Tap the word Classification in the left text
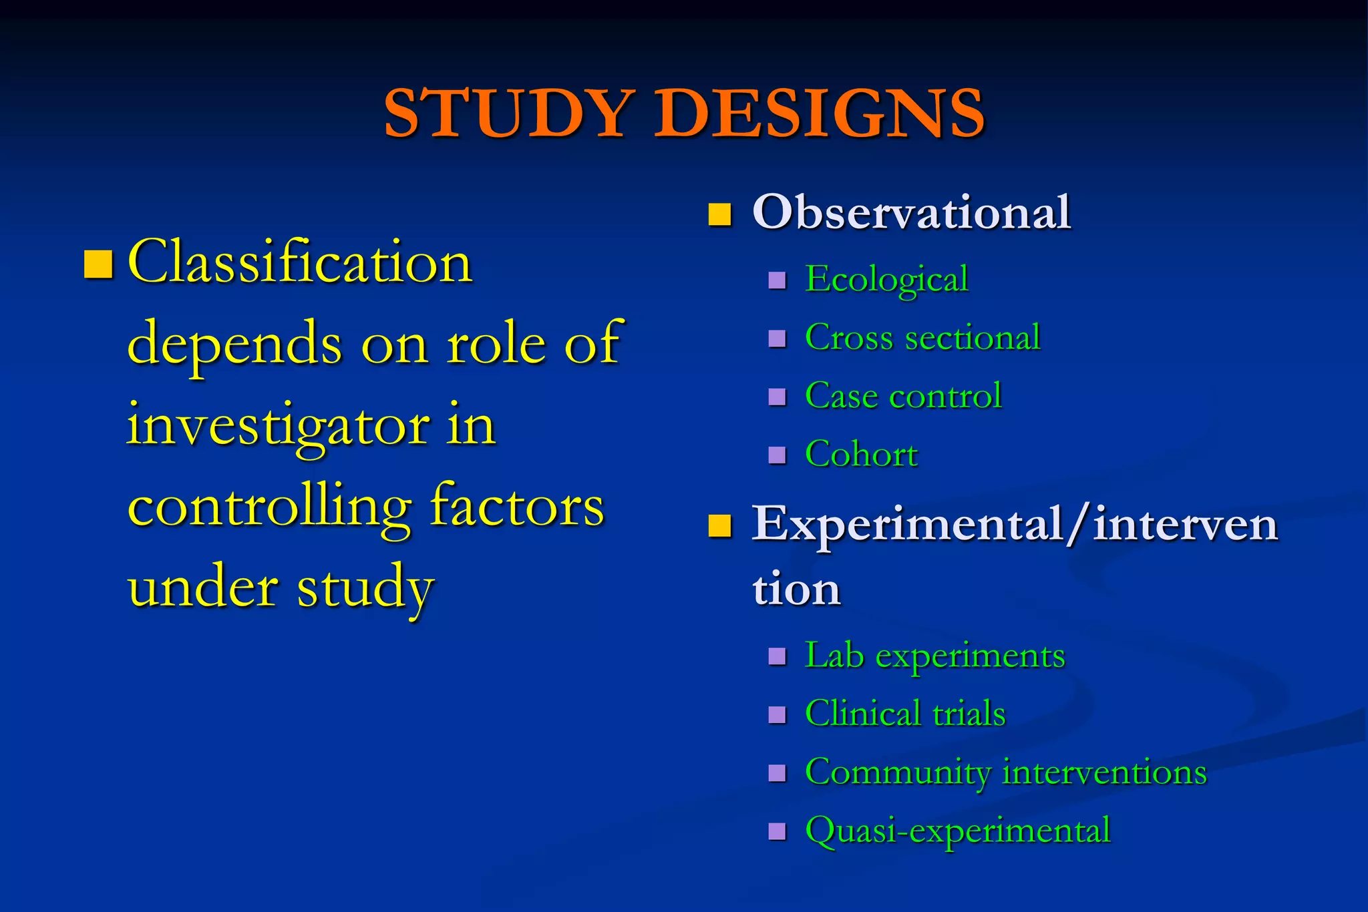(300, 262)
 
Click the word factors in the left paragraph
(517, 506)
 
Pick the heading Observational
(911, 212)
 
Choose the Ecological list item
(886, 279)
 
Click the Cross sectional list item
(922, 337)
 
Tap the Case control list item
(903, 395)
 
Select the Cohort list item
(861, 454)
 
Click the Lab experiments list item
(934, 655)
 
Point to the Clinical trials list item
(905, 713)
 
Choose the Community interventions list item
(1005, 772)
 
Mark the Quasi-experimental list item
(958, 831)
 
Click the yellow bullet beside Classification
(98, 264)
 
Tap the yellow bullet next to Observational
(719, 214)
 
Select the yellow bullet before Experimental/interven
(719, 525)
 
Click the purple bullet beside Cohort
(777, 455)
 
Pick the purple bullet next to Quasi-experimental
(777, 831)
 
